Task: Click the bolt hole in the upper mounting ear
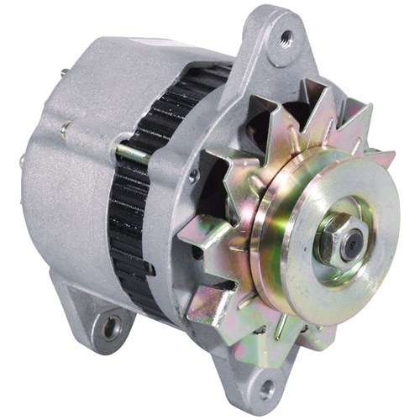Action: (287, 37)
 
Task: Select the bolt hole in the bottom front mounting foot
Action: (266, 389)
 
